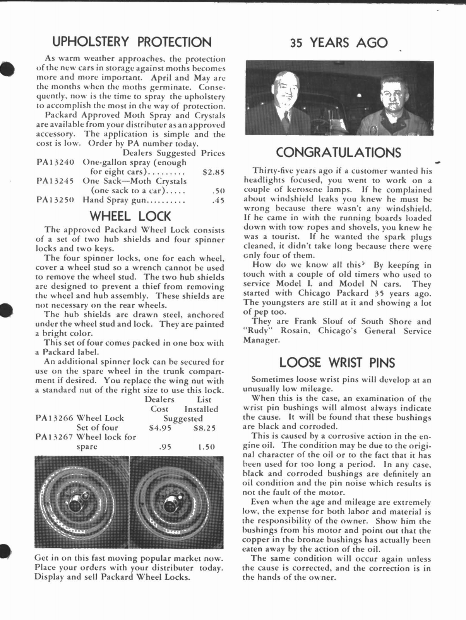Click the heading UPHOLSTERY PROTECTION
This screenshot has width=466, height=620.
pyautogui.click(x=132, y=42)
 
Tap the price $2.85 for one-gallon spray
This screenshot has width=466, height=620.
pyautogui.click(x=213, y=172)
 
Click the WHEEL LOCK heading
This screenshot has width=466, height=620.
pyautogui.click(x=130, y=216)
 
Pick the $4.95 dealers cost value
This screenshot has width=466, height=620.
pyautogui.click(x=160, y=428)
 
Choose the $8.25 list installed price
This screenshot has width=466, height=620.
pyautogui.click(x=204, y=428)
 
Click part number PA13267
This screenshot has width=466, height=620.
pyautogui.click(x=55, y=437)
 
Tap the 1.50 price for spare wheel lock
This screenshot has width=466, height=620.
pyautogui.click(x=206, y=447)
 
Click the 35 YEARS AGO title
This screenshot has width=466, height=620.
pyautogui.click(x=339, y=42)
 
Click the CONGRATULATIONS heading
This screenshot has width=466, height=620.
pyautogui.click(x=338, y=152)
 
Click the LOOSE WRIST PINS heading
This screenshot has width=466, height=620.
pyautogui.click(x=337, y=363)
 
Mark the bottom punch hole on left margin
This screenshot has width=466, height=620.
pyautogui.click(x=5, y=551)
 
